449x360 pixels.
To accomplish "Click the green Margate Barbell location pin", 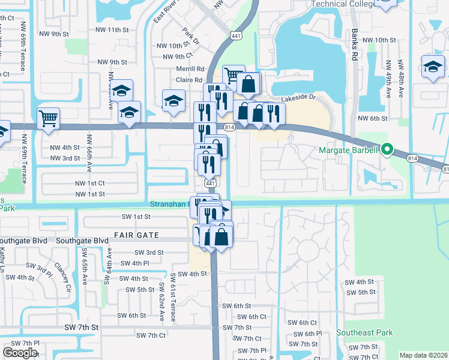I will point(387,149).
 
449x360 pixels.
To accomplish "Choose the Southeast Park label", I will point(364,332).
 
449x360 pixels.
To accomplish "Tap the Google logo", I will point(20,352).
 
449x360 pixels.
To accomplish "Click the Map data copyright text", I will point(423,355).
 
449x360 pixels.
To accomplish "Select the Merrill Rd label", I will point(190,69).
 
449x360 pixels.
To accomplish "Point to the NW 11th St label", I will point(112,29).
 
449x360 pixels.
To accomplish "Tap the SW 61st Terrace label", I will point(173,298).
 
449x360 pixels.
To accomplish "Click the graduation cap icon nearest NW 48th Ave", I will point(432,67).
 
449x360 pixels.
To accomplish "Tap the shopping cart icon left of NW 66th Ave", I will point(48,118).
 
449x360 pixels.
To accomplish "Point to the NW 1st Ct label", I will point(90,183).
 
